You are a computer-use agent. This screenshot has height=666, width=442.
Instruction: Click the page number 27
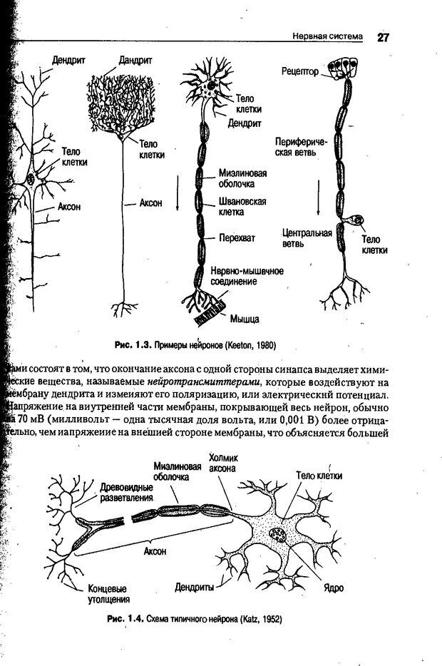point(383,37)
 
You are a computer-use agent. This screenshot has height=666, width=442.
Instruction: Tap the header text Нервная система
point(328,36)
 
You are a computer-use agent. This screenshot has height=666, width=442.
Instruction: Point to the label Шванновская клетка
point(242,207)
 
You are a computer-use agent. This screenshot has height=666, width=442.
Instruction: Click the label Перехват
point(237,237)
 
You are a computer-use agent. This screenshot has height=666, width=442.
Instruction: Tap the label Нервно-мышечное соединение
point(247,276)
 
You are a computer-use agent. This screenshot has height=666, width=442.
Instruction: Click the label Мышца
point(244,317)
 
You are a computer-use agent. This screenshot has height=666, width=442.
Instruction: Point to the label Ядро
point(333,588)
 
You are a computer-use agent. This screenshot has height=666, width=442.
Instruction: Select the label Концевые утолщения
point(108,594)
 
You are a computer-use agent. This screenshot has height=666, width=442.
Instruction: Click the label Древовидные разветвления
point(126,492)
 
